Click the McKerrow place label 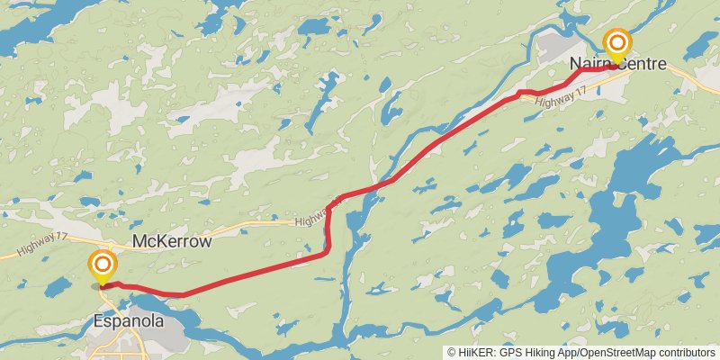click(x=171, y=242)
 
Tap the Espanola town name click(x=129, y=320)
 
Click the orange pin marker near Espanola click(x=103, y=265)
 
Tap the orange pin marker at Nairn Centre click(x=617, y=43)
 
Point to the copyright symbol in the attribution click(x=452, y=352)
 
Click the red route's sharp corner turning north click(x=327, y=253)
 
